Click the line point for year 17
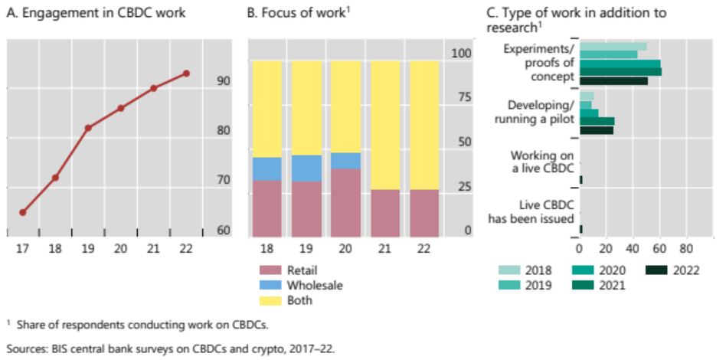(23, 212)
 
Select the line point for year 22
(186, 74)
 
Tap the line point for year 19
(88, 127)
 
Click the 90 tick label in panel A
(222, 80)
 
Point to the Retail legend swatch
(271, 270)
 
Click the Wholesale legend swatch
(271, 285)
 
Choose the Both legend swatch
(271, 300)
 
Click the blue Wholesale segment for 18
(267, 169)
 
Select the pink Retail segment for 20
(345, 203)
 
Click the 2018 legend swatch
(510, 270)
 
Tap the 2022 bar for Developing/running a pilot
(597, 130)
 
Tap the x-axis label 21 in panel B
(385, 248)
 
